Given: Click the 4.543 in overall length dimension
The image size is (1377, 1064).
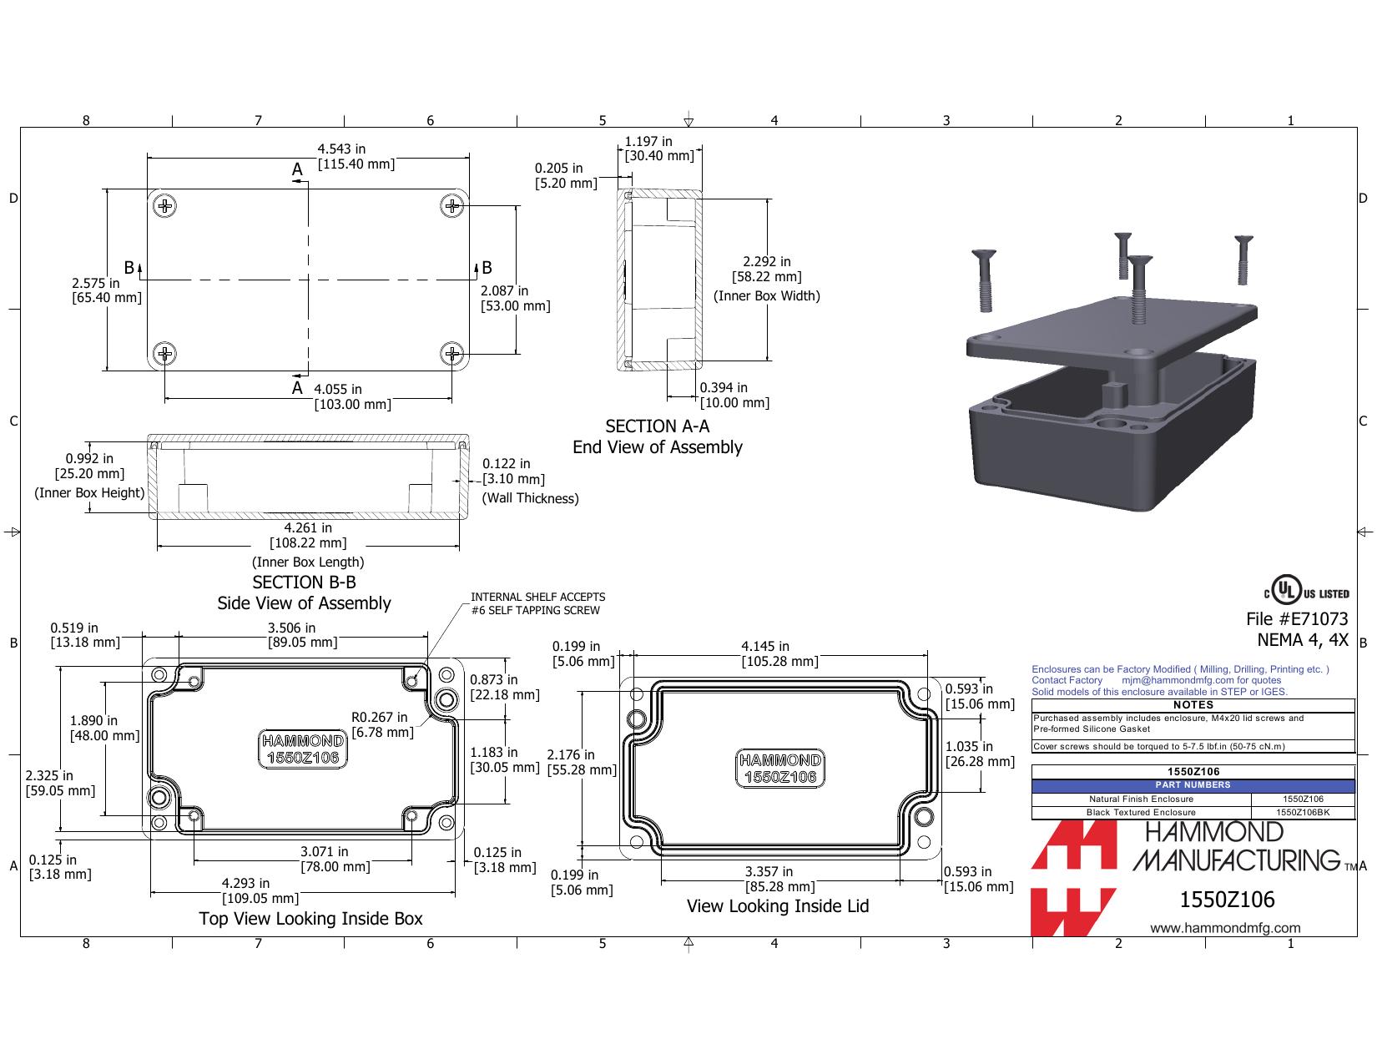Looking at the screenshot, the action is [356, 157].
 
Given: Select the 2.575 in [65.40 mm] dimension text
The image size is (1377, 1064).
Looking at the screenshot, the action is [107, 290].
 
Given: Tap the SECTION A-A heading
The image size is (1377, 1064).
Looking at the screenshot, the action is [657, 426].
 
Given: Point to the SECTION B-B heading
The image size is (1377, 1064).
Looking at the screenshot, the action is [304, 582].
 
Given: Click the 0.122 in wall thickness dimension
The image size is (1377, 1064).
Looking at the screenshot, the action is [513, 471].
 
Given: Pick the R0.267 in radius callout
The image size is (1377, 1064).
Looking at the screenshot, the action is [382, 725].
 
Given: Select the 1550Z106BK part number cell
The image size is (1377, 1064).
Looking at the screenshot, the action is [1303, 813].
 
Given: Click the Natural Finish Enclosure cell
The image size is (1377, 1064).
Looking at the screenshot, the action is [1142, 799].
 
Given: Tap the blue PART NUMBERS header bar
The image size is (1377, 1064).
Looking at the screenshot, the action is [1193, 785].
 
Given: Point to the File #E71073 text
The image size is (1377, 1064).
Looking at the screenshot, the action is [1297, 618].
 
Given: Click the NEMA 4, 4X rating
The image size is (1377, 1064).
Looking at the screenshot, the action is [1303, 640].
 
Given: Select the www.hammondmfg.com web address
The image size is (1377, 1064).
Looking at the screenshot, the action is [1225, 928].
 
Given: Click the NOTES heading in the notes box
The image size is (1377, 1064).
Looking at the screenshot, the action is [1193, 704].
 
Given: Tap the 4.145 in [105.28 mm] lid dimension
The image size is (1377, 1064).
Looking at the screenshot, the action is [779, 654].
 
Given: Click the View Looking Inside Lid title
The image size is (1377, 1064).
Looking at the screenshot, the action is [778, 906].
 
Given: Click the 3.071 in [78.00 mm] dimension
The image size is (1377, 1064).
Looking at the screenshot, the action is [335, 860].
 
